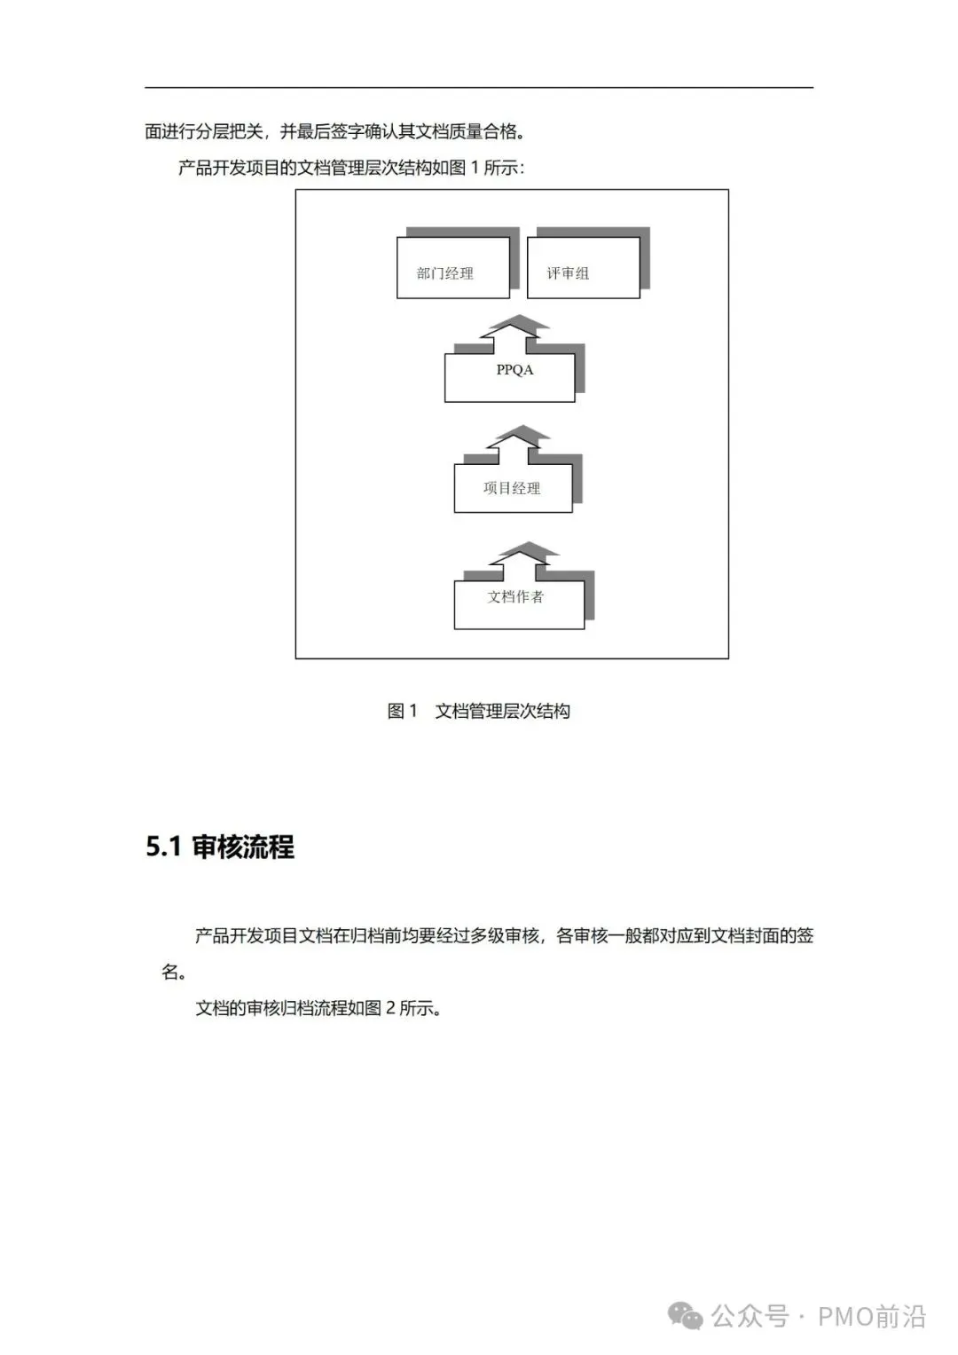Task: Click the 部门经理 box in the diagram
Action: tap(452, 268)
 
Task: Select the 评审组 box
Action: tap(583, 268)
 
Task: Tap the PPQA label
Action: tap(514, 370)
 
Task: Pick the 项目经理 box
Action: tap(513, 488)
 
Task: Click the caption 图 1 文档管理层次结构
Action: tap(479, 711)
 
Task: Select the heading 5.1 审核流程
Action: tap(220, 847)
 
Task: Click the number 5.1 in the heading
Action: tap(163, 847)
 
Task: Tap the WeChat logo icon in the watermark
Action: tap(686, 1316)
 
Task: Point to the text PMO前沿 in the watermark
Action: tap(871, 1316)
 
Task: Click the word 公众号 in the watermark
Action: tap(750, 1316)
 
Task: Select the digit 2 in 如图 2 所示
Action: tap(390, 1008)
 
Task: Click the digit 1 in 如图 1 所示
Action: tap(475, 168)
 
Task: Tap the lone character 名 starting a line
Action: tap(171, 972)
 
